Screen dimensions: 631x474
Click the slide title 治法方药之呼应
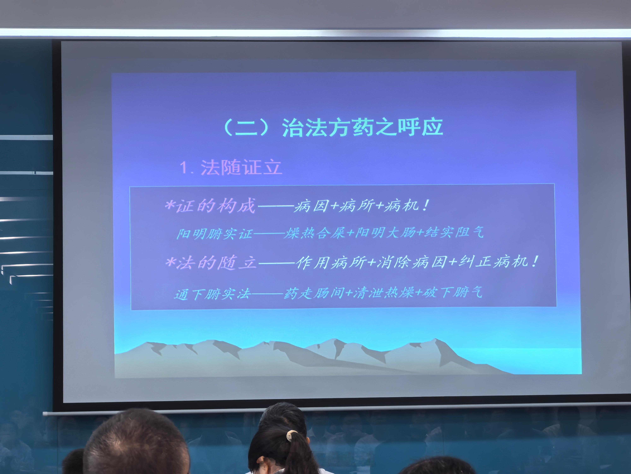[x=362, y=127]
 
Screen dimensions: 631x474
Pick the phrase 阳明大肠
[x=385, y=232]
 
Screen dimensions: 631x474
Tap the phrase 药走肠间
[x=314, y=293]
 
